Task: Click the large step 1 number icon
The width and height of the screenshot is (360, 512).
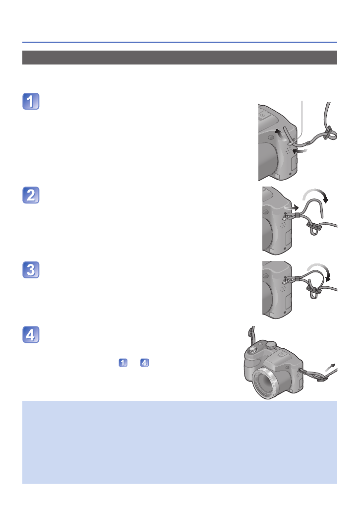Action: point(31,101)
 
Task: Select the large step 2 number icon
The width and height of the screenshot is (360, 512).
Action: point(31,194)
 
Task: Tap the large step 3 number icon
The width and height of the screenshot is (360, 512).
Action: point(31,270)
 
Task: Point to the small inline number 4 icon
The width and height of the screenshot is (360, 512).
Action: point(144,363)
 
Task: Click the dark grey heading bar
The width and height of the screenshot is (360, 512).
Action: point(180,58)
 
